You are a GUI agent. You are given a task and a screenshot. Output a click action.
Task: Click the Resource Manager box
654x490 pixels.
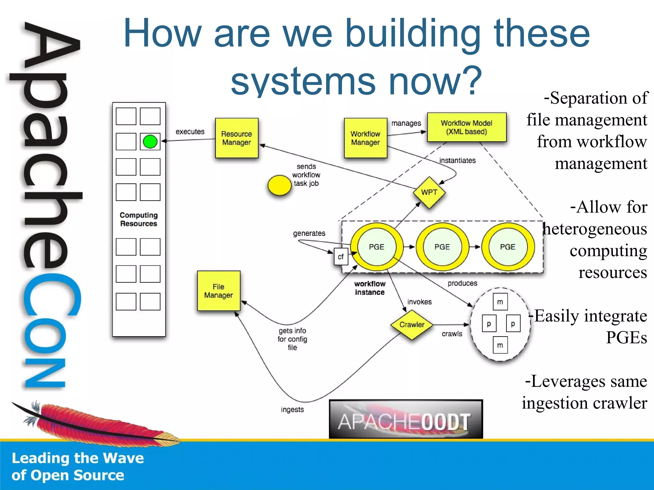[237, 138]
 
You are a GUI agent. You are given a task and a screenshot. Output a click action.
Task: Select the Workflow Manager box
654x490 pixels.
[365, 138]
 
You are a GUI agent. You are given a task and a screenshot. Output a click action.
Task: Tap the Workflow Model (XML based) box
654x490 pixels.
[467, 127]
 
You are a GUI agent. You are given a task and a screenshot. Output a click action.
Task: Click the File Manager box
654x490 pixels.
[218, 291]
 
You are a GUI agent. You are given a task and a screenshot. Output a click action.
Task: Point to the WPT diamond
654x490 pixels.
[429, 192]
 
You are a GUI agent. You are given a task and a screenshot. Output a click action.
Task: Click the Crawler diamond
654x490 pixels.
[412, 324]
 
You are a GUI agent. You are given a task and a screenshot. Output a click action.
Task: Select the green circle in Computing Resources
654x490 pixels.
[150, 142]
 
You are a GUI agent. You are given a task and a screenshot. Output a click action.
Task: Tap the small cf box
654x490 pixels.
[341, 256]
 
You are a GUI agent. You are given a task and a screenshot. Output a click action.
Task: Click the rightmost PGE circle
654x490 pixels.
[508, 247]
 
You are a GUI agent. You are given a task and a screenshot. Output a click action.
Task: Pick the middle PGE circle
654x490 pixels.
[442, 247]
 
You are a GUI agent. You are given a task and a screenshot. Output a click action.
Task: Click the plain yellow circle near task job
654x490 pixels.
[279, 185]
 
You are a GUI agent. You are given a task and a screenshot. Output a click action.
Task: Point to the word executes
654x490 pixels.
[190, 132]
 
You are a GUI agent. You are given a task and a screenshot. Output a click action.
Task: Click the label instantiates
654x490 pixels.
[457, 160]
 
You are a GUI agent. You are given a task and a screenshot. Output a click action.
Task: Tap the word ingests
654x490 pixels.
[292, 409]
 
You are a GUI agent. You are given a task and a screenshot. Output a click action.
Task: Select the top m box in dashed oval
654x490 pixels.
[500, 302]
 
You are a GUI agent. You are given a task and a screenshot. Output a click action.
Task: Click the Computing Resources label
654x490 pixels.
[139, 219]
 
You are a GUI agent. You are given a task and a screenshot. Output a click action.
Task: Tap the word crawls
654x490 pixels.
[452, 334]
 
